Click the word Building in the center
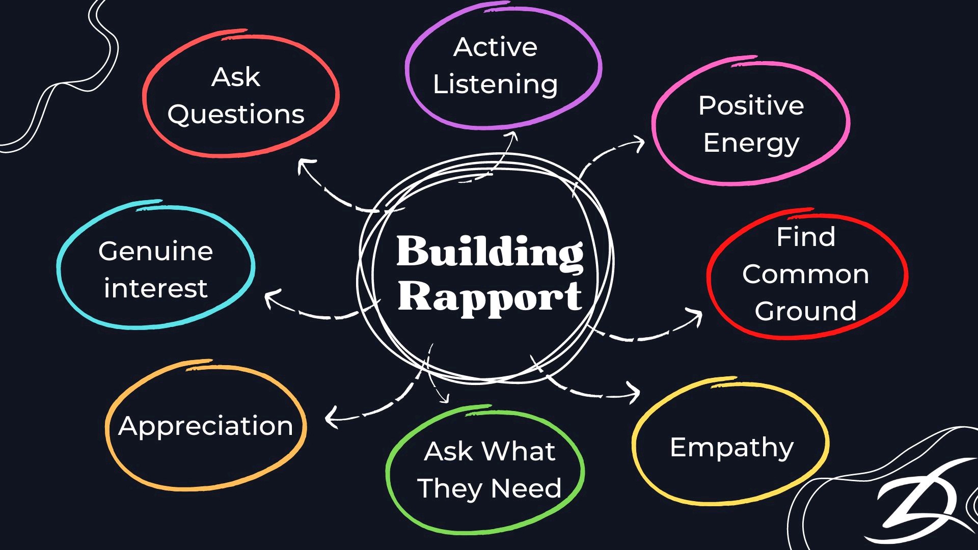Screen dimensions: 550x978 490,252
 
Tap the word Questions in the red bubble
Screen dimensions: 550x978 236,115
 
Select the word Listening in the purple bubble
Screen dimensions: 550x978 495,85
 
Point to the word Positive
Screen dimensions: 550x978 751,106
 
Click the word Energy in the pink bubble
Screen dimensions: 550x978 751,144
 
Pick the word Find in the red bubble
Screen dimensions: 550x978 806,237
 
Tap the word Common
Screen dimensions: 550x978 805,274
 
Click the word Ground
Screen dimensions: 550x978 805,311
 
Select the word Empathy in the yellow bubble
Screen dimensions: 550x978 731,448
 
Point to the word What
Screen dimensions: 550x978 519,451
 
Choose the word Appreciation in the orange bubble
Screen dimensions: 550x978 206,426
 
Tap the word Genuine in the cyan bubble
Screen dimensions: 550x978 155,251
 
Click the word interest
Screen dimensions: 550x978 155,288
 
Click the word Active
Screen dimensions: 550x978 495,47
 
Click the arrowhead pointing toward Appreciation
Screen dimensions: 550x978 331,418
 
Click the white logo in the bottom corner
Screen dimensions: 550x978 917,509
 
